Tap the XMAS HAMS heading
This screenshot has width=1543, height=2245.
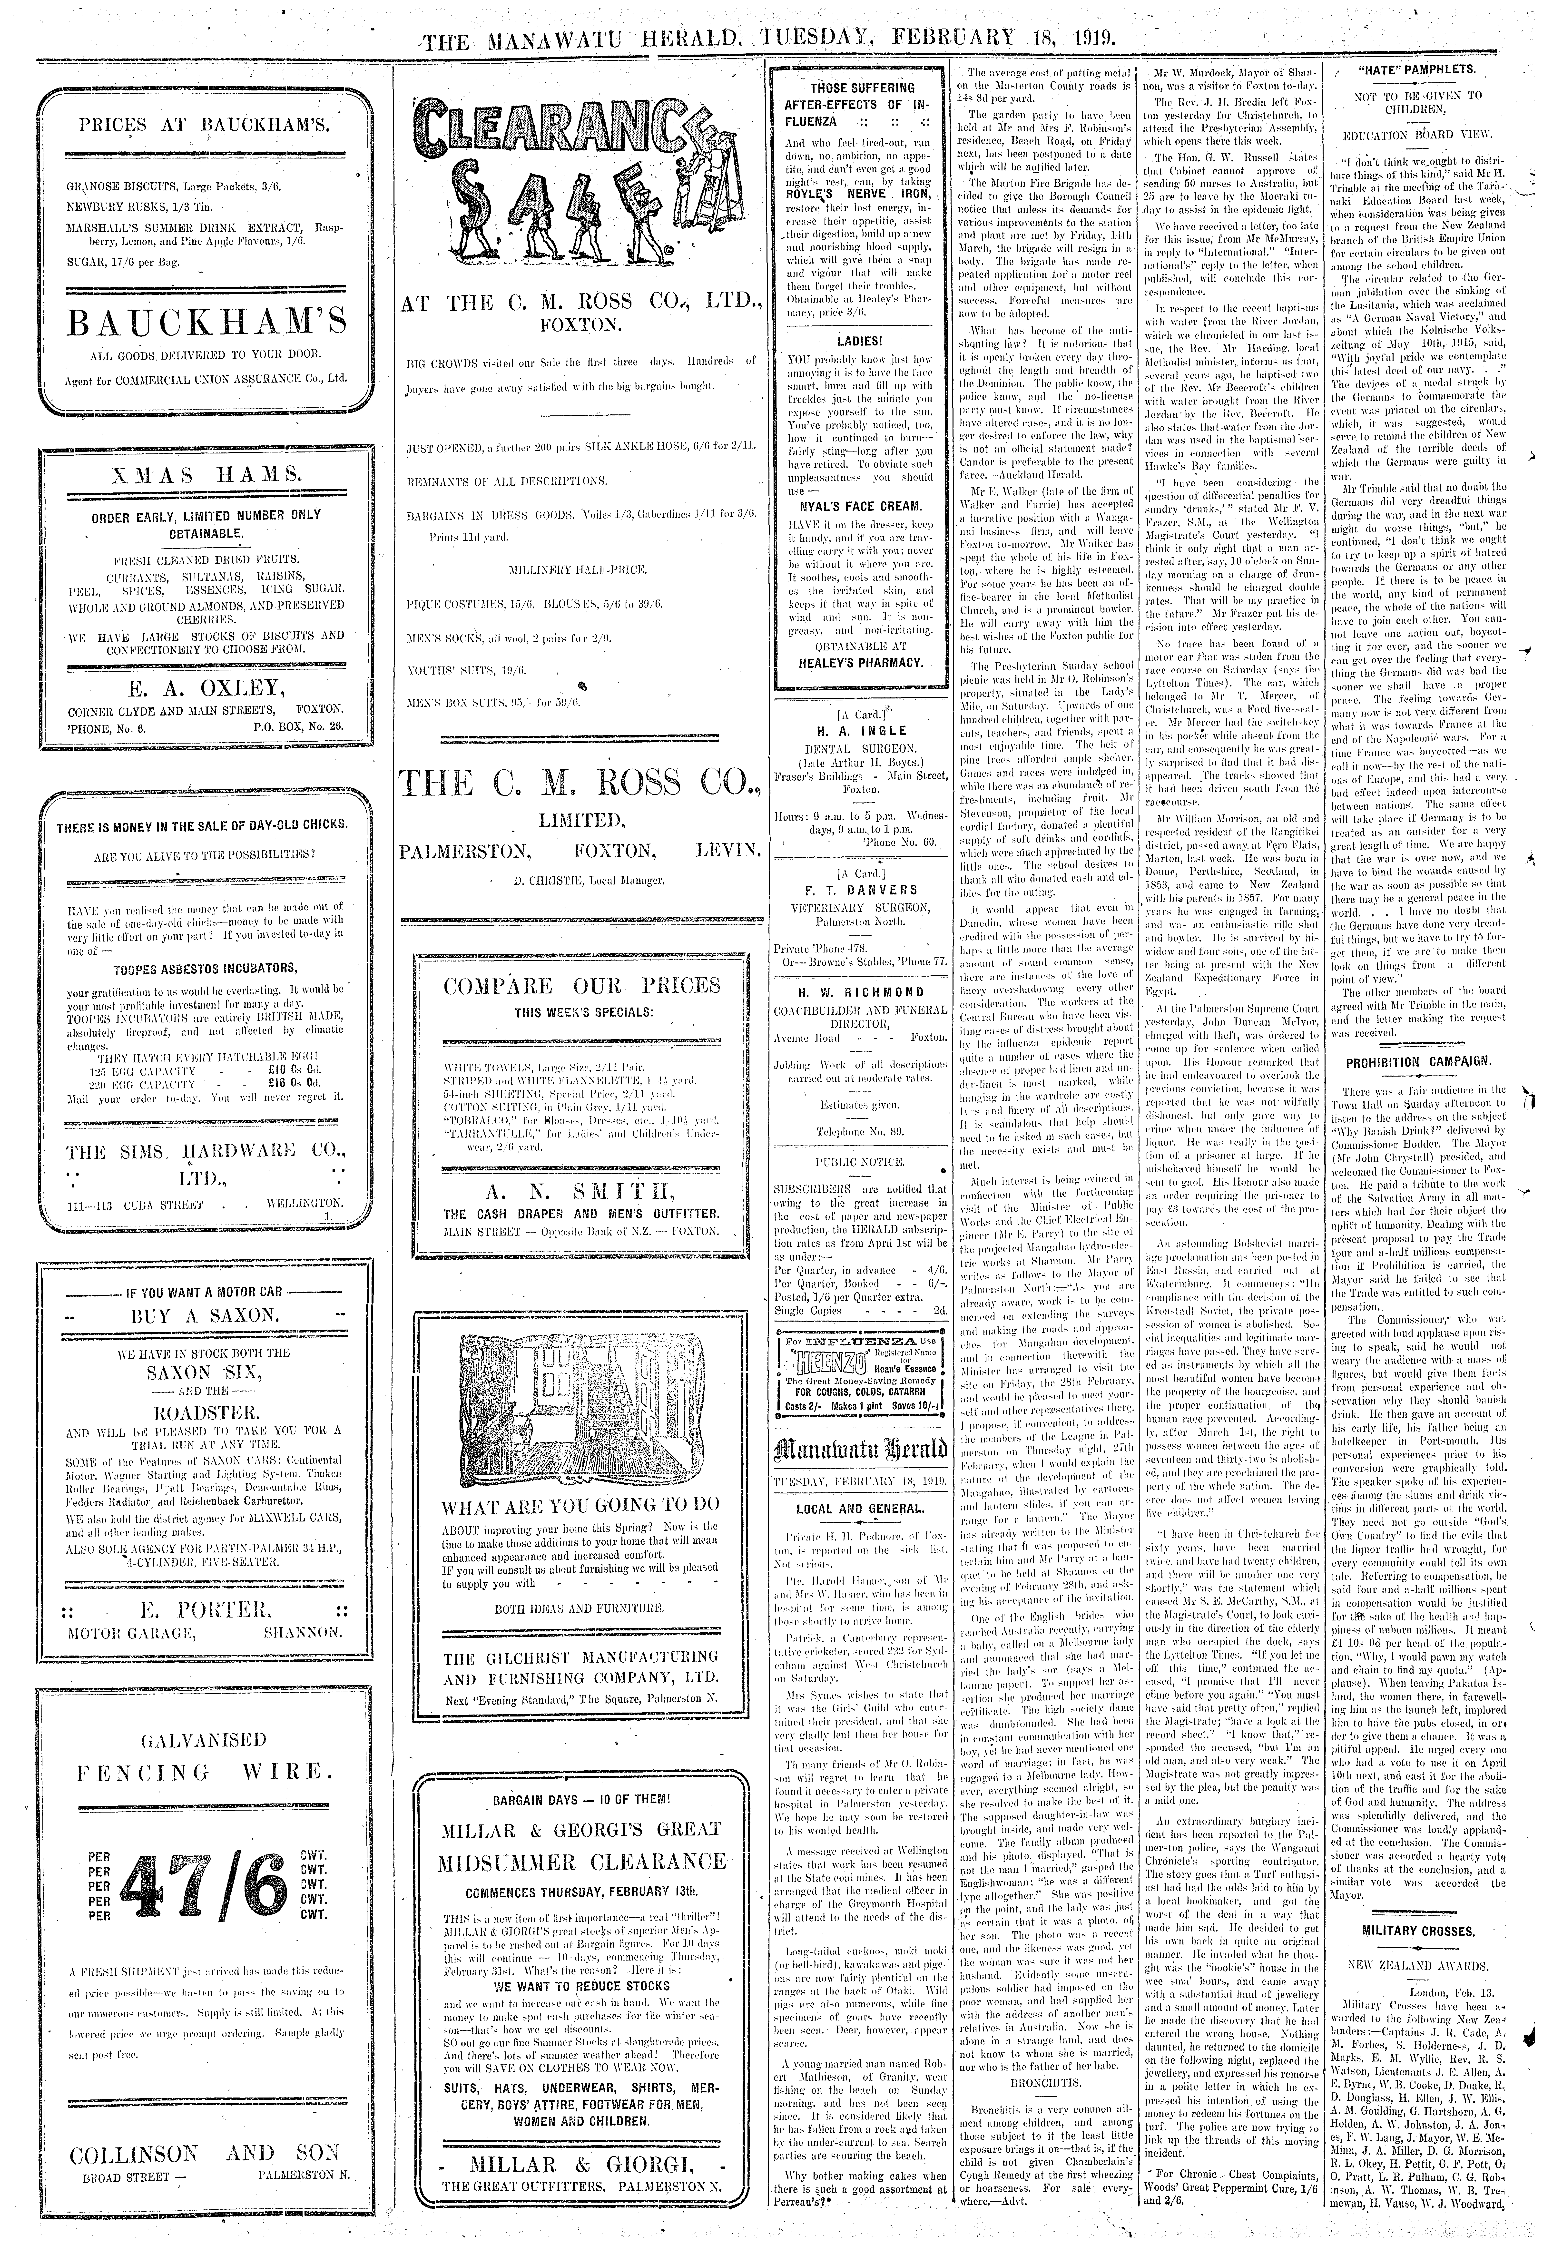(204, 475)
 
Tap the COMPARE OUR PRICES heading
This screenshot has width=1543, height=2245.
(582, 986)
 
